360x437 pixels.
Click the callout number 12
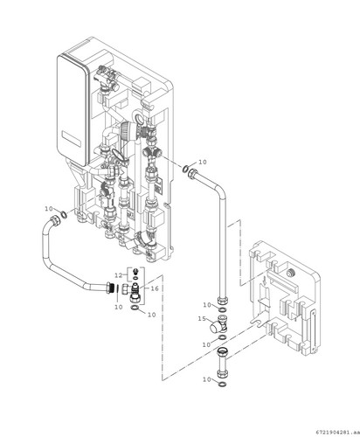[x=118, y=275]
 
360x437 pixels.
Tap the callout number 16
[x=155, y=288]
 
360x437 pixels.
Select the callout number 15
[x=202, y=319]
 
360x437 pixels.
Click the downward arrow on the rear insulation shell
[x=265, y=281]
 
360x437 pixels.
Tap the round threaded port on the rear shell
[x=290, y=273]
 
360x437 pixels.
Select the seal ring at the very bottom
[x=222, y=385]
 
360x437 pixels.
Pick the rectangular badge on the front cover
[x=71, y=139]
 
